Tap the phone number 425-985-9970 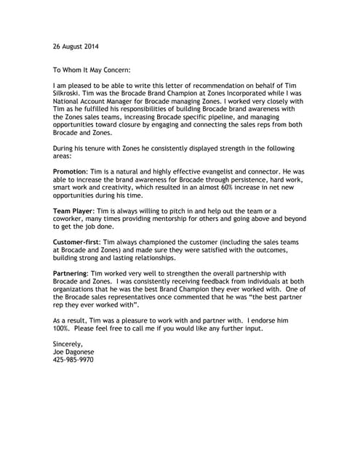[x=74, y=360]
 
